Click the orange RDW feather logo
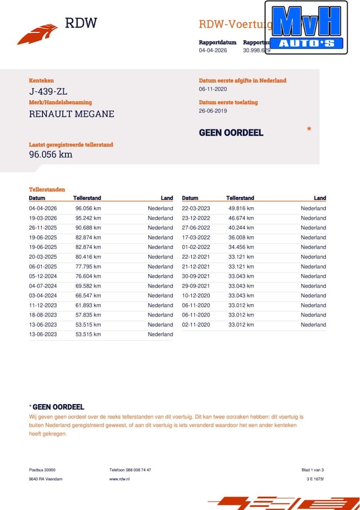[x=37, y=34]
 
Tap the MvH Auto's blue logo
[x=307, y=27]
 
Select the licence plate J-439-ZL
[x=48, y=92]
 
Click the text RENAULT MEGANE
[x=71, y=114]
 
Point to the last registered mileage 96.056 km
[x=51, y=154]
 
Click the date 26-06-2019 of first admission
[x=213, y=111]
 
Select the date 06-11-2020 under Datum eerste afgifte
[x=213, y=89]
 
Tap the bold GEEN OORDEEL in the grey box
[x=231, y=133]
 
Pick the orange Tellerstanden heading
[x=47, y=190]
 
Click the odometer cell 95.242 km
[x=88, y=218]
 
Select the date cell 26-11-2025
[x=43, y=227]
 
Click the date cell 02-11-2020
[x=196, y=325]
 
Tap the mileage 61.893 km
[x=88, y=305]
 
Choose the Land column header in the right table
[x=319, y=198]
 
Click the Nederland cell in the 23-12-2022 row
[x=313, y=218]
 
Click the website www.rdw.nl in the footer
[x=120, y=478]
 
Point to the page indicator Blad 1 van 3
[x=312, y=470]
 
